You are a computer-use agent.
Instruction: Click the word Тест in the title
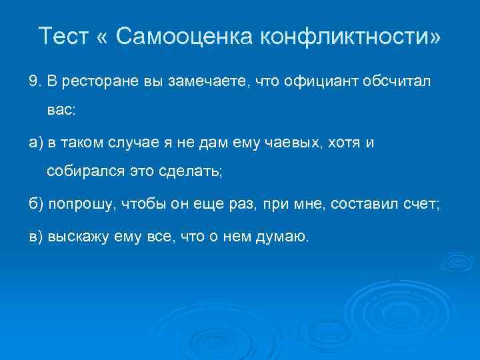(x=63, y=35)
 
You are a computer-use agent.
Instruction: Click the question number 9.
(x=33, y=81)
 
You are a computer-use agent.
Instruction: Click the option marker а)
(x=35, y=142)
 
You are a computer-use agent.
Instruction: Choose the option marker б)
(x=35, y=203)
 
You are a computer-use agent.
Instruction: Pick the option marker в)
(x=35, y=236)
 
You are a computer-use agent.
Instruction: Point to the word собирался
(x=79, y=173)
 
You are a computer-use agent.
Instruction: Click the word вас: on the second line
(x=61, y=111)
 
